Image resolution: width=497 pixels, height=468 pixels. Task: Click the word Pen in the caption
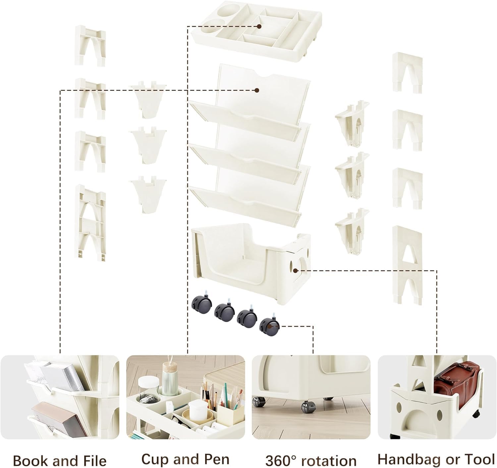217,459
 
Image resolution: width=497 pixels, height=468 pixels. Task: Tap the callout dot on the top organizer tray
259,26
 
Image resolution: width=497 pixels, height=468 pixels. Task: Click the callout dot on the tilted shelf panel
256,90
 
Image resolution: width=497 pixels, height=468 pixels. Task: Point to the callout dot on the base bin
295,271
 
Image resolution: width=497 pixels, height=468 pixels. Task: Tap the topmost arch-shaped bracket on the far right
407,72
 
